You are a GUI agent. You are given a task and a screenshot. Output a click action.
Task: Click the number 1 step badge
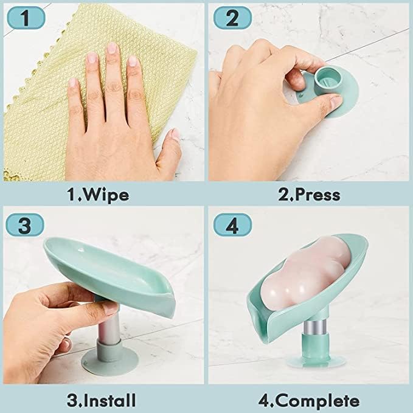pyautogui.click(x=24, y=18)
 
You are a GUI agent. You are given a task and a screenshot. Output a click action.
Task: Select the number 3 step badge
pyautogui.click(x=25, y=226)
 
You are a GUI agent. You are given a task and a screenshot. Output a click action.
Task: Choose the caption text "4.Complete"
pyautogui.click(x=308, y=401)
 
